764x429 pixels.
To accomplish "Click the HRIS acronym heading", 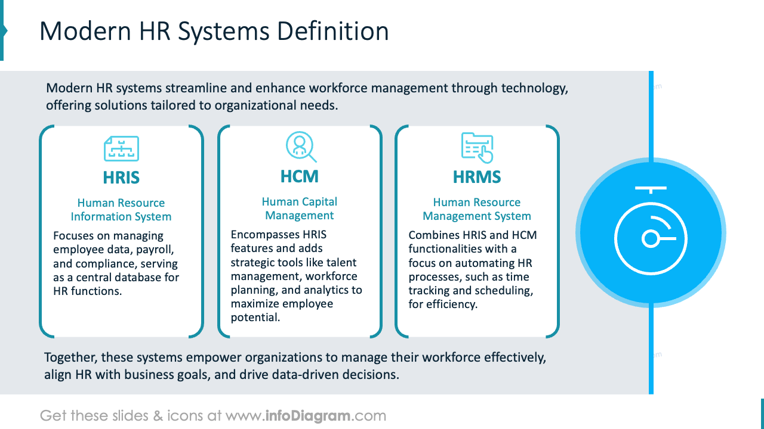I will tap(121, 178).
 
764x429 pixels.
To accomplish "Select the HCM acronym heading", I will tap(300, 176).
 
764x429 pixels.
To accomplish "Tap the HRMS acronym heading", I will tap(477, 177).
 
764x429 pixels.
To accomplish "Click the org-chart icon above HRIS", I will tap(121, 149).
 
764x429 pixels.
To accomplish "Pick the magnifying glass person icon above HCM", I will tap(300, 147).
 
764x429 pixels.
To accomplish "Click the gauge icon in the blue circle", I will tap(651, 233).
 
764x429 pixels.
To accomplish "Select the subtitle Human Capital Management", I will tap(300, 209).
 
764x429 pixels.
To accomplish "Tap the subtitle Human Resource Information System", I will tap(121, 210).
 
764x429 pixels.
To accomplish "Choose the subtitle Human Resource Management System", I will tap(477, 209).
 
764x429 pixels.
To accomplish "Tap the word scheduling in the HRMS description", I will tap(503, 291).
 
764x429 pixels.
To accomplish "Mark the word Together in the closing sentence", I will tap(70, 358).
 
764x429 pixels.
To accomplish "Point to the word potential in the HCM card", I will tap(255, 318).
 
